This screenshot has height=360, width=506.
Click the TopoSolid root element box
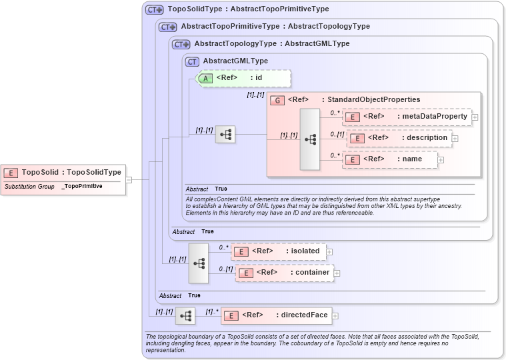pos(63,173)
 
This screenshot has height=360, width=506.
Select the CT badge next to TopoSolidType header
pos(155,10)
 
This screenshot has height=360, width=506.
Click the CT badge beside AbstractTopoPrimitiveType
pos(168,27)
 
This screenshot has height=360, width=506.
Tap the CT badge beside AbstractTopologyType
pos(181,45)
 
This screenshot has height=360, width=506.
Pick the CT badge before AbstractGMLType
pos(193,61)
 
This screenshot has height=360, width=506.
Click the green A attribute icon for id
pos(206,78)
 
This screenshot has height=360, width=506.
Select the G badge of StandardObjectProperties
pos(278,100)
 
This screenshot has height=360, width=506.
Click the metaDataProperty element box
pos(407,117)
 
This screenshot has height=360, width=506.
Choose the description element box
pos(399,138)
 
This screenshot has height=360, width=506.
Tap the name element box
pos(391,160)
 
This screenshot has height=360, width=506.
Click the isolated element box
pos(278,251)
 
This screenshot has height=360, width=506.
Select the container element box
pos(284,273)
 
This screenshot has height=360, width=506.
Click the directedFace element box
pos(276,315)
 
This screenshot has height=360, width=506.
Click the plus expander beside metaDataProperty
pos(475,117)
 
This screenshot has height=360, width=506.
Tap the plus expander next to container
pos(337,273)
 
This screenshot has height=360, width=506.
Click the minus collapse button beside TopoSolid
pos(129,179)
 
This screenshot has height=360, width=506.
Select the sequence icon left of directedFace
pos(185,315)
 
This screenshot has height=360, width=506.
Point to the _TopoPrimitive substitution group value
pos(82,187)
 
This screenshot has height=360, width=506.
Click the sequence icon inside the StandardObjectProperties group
pos(310,139)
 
